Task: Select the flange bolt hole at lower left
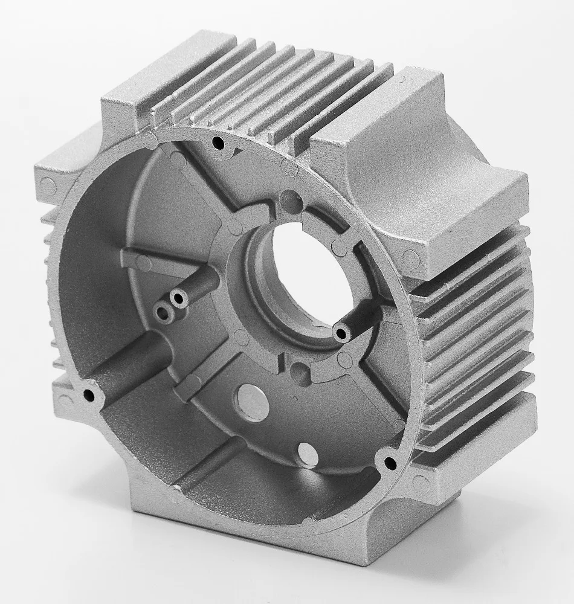point(89,396)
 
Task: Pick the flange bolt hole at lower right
point(387,463)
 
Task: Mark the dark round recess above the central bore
point(289,198)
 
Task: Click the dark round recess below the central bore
point(298,376)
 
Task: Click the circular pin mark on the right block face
point(411,259)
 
